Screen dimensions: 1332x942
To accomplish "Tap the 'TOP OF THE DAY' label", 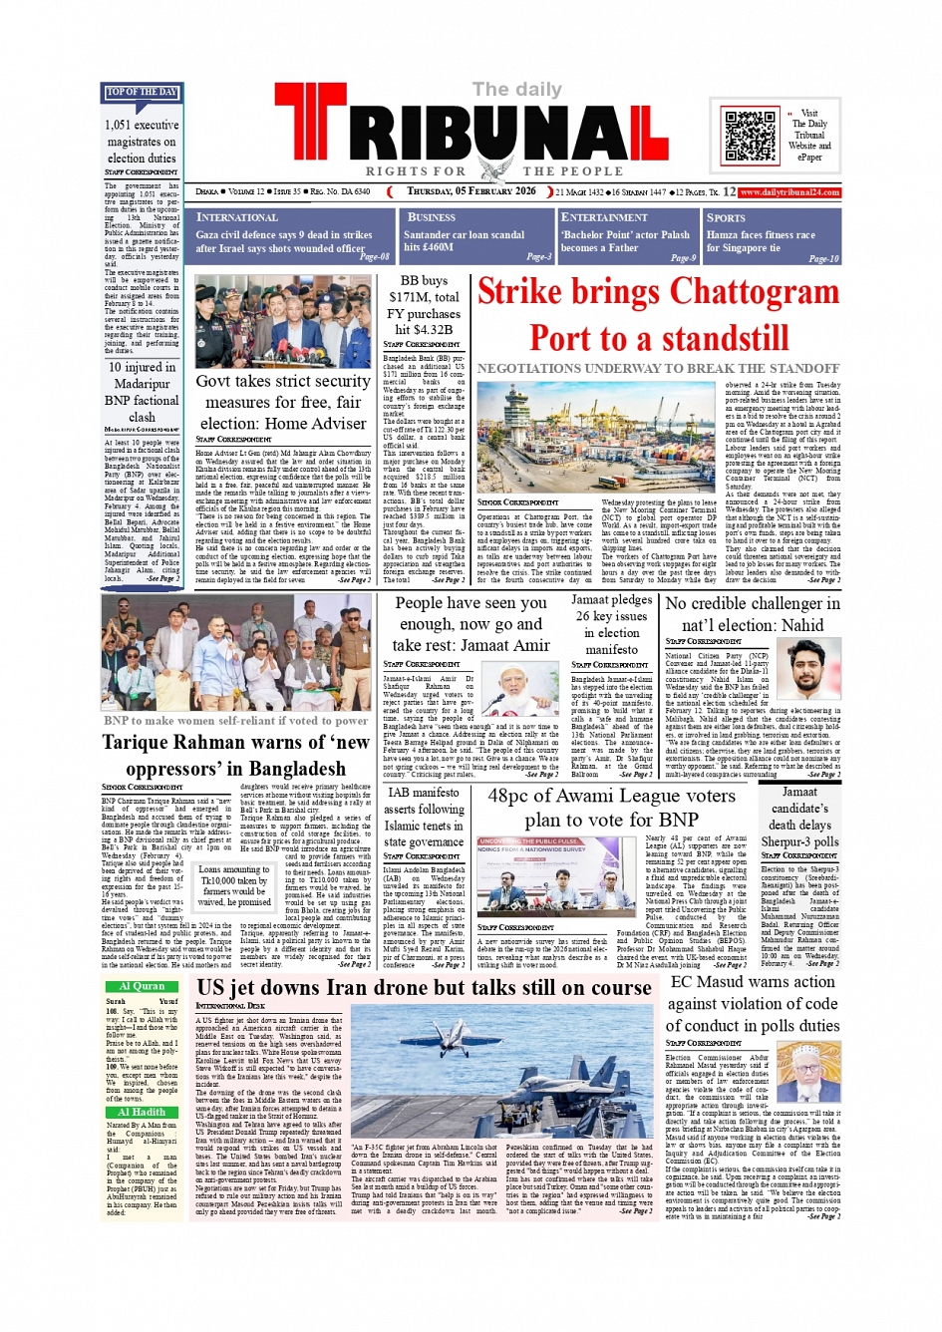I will coord(141,92).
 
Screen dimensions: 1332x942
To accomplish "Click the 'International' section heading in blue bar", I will coord(237,217).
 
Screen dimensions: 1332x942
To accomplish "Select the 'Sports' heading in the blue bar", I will coord(726,217).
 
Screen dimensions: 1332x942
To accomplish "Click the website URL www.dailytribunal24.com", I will coord(789,192).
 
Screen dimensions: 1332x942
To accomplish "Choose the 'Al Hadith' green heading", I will coord(142,1112).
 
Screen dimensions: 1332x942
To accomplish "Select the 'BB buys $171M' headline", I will coord(425,305).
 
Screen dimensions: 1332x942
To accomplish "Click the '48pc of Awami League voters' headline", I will coord(611,808).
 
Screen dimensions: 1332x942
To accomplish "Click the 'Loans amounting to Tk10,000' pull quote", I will coord(234,885).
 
